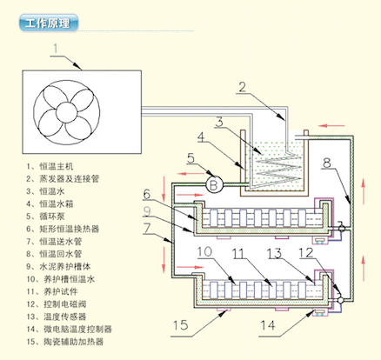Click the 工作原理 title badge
click(x=49, y=23)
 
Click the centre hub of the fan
click(x=67, y=112)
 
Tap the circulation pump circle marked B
click(x=214, y=184)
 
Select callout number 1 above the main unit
click(x=56, y=49)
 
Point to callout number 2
click(x=242, y=87)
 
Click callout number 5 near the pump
click(x=190, y=158)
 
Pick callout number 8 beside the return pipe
click(x=327, y=163)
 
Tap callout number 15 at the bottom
click(x=180, y=325)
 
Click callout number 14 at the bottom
click(x=267, y=325)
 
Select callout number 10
click(x=205, y=251)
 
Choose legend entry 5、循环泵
click(x=45, y=217)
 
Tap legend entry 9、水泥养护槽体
click(x=58, y=266)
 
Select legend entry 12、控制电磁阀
click(x=57, y=304)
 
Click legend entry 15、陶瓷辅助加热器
click(x=65, y=342)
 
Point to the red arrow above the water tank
click(x=331, y=126)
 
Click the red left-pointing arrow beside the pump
click(x=190, y=174)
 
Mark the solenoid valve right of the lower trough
click(x=341, y=300)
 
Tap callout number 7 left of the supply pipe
click(x=147, y=229)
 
